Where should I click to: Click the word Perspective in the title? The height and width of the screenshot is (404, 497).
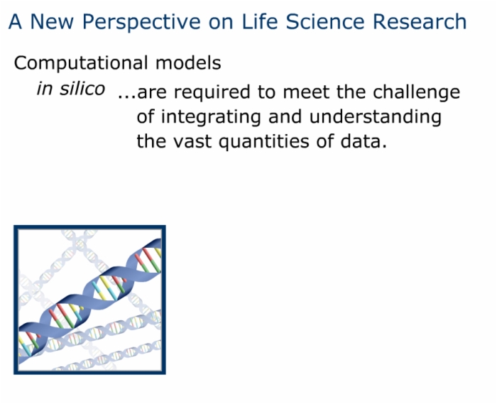pos(141,23)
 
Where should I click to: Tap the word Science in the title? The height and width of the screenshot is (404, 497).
pos(325,21)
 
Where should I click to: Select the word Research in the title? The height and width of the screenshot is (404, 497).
pos(420,21)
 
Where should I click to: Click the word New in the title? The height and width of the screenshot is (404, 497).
pos(52,21)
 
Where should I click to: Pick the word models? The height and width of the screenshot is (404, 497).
pos(188,63)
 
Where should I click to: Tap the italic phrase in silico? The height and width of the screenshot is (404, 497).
pos(71,89)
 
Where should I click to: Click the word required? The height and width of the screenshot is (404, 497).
pos(212,93)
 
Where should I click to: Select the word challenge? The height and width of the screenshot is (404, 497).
pos(416,93)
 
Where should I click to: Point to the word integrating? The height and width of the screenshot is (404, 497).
pos(211,118)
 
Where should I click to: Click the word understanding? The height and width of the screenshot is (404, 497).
pos(376,118)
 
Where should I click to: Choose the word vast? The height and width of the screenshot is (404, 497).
pos(192,141)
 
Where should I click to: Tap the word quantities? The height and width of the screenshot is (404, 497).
pos(263,142)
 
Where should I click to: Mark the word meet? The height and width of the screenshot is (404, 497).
pos(306,92)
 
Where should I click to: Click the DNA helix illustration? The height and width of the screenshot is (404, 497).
pos(89,300)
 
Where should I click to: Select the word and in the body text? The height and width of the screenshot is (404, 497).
pos(285,116)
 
